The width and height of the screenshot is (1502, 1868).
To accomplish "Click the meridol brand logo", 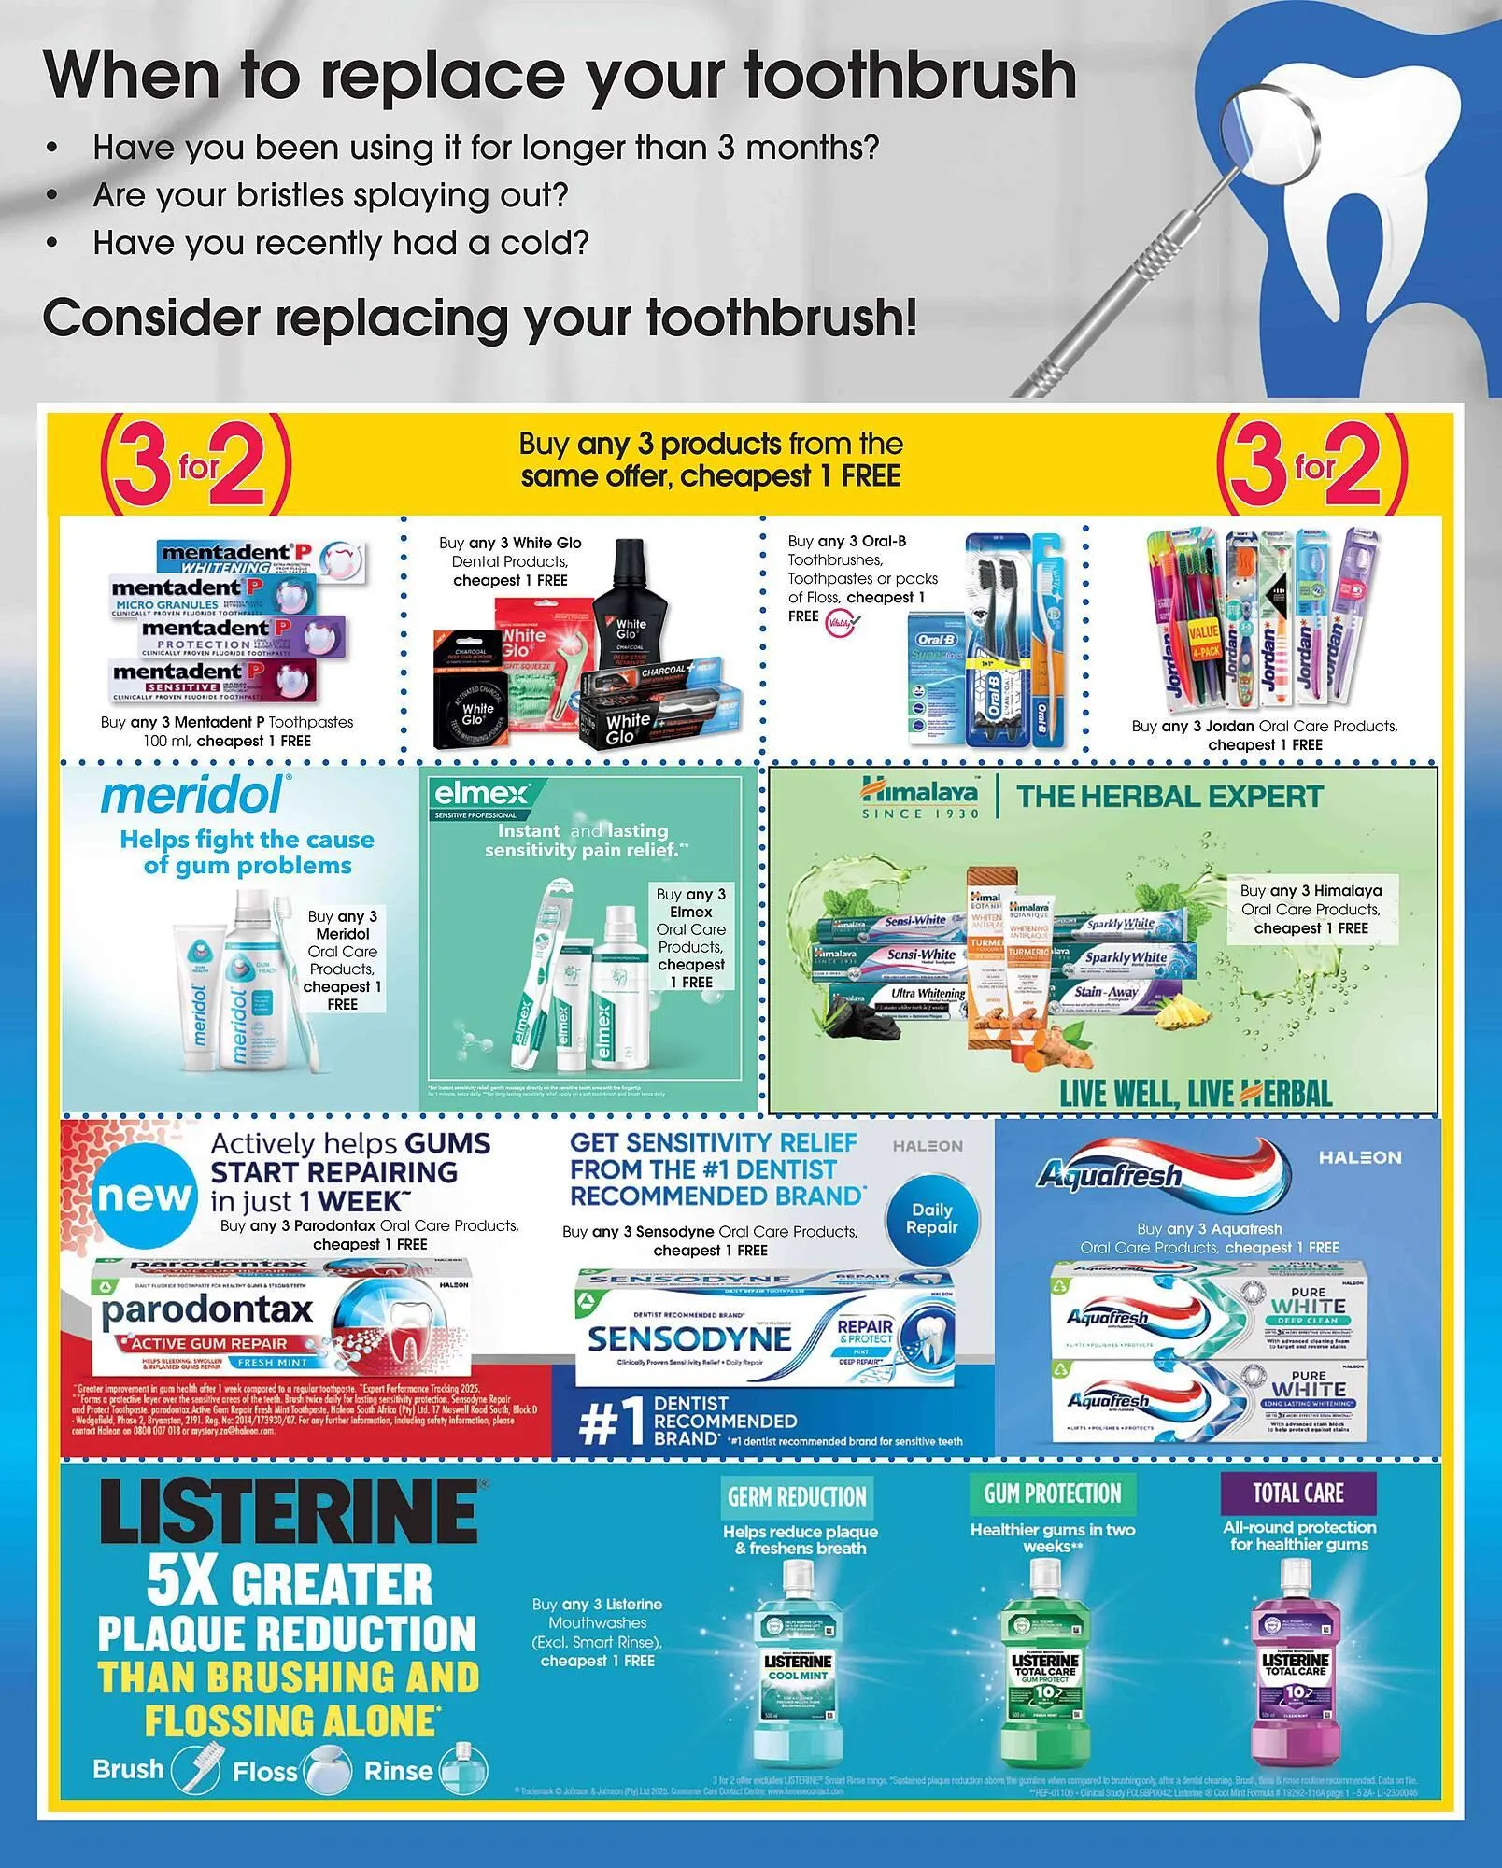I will [192, 796].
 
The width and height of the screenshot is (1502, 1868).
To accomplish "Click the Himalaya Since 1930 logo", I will [919, 800].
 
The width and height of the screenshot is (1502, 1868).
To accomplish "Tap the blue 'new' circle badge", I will [145, 1196].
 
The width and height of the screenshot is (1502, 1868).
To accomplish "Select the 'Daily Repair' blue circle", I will [931, 1218].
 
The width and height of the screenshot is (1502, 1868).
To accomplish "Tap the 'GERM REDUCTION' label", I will [797, 1496].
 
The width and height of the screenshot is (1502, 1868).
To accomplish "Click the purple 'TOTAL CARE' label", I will [1297, 1493].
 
